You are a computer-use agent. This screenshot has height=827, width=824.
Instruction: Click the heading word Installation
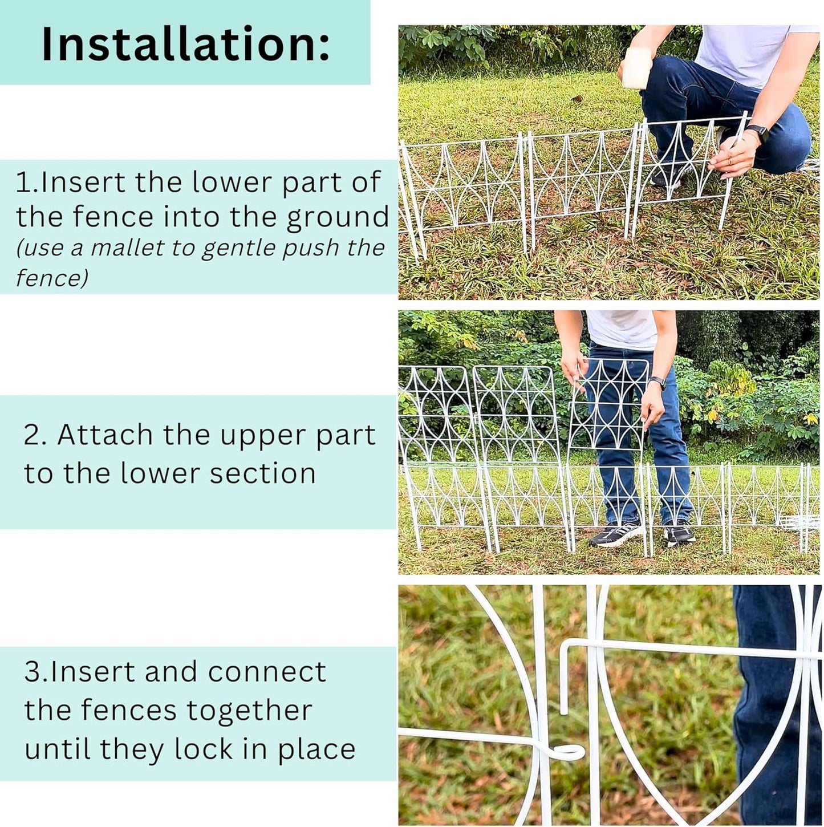(185, 44)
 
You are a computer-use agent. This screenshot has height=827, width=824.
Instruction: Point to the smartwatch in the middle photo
(658, 383)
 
